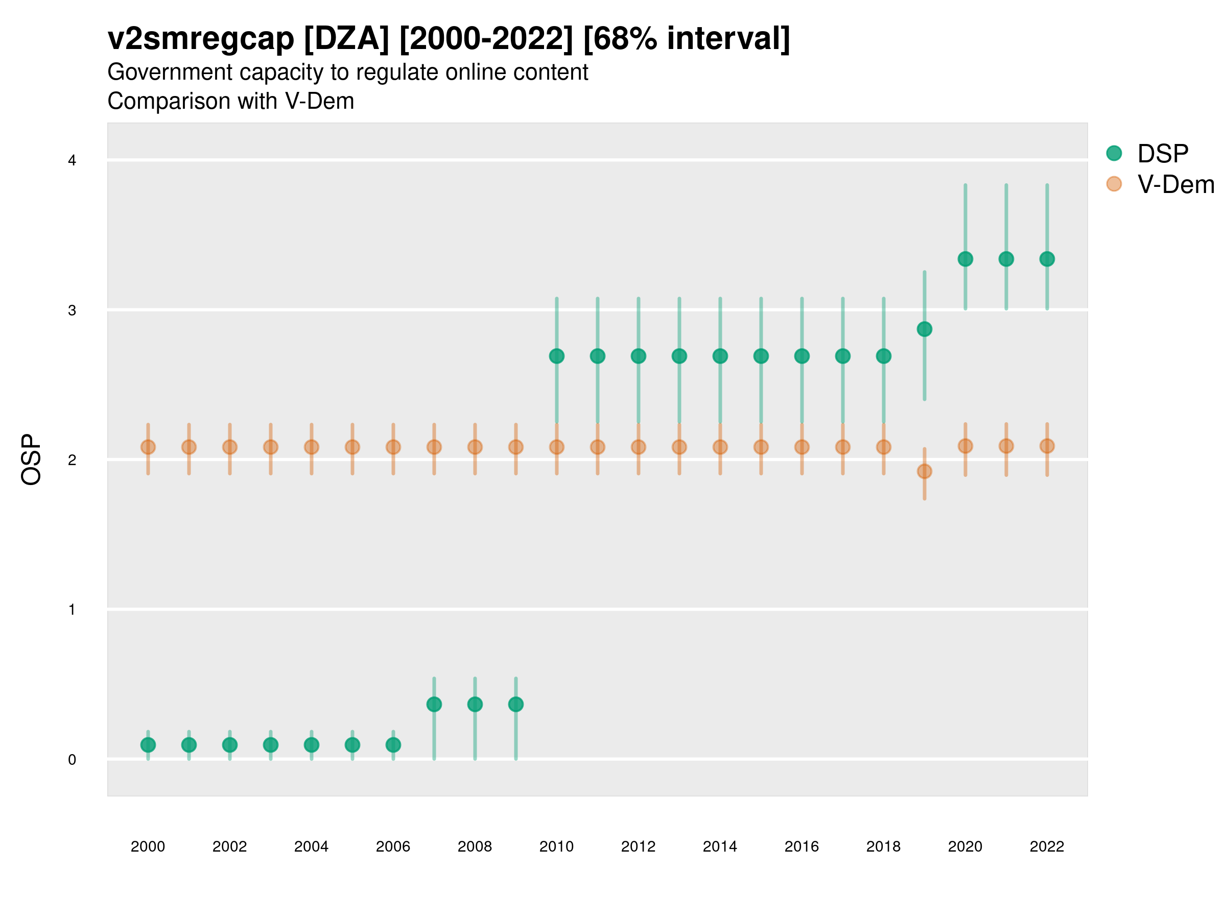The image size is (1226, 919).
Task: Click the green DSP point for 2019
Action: tap(925, 329)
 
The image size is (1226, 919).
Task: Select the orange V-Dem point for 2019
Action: tap(925, 471)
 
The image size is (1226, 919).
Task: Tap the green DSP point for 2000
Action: tap(148, 745)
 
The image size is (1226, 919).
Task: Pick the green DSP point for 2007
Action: tap(434, 705)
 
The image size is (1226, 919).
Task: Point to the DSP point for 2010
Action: tap(556, 356)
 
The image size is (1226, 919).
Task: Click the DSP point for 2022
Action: tap(1047, 259)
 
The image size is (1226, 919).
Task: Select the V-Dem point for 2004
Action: tap(312, 447)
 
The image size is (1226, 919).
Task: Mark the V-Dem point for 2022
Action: tap(1047, 446)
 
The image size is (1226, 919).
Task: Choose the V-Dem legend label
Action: tap(1175, 184)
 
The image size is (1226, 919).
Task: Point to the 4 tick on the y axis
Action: tap(72, 161)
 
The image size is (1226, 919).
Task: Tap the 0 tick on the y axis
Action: tap(72, 760)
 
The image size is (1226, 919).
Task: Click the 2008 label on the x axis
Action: tap(475, 847)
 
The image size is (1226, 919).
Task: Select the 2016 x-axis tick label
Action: tap(801, 847)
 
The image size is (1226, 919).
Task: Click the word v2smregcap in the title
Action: tap(201, 39)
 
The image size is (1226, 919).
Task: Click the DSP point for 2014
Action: tap(720, 356)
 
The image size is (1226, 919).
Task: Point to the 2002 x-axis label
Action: tap(229, 847)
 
